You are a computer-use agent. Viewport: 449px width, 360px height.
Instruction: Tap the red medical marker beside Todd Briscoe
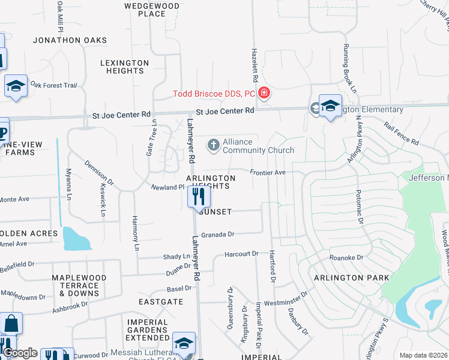coord(264,94)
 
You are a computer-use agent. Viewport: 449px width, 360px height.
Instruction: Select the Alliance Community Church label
coord(258,146)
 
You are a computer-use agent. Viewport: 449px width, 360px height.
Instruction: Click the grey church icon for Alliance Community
coord(213,145)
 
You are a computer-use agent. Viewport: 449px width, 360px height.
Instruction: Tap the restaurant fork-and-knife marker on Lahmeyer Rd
coord(199,197)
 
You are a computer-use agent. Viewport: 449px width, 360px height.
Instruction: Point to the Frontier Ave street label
coord(268,172)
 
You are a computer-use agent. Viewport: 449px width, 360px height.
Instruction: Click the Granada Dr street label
coord(217,235)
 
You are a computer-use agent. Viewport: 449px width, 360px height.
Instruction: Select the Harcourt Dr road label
coord(241,254)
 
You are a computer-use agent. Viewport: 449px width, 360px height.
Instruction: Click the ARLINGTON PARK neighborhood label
coord(351,278)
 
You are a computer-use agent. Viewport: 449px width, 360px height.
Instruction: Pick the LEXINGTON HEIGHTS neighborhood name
coord(125,67)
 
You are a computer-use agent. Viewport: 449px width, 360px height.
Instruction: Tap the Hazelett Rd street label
coord(255,66)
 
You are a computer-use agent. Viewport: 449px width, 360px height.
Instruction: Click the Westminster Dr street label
coord(285,295)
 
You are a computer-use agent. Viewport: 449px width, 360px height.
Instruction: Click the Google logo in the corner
coord(19,353)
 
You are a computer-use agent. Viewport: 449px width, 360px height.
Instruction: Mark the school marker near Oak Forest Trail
coord(16,85)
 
